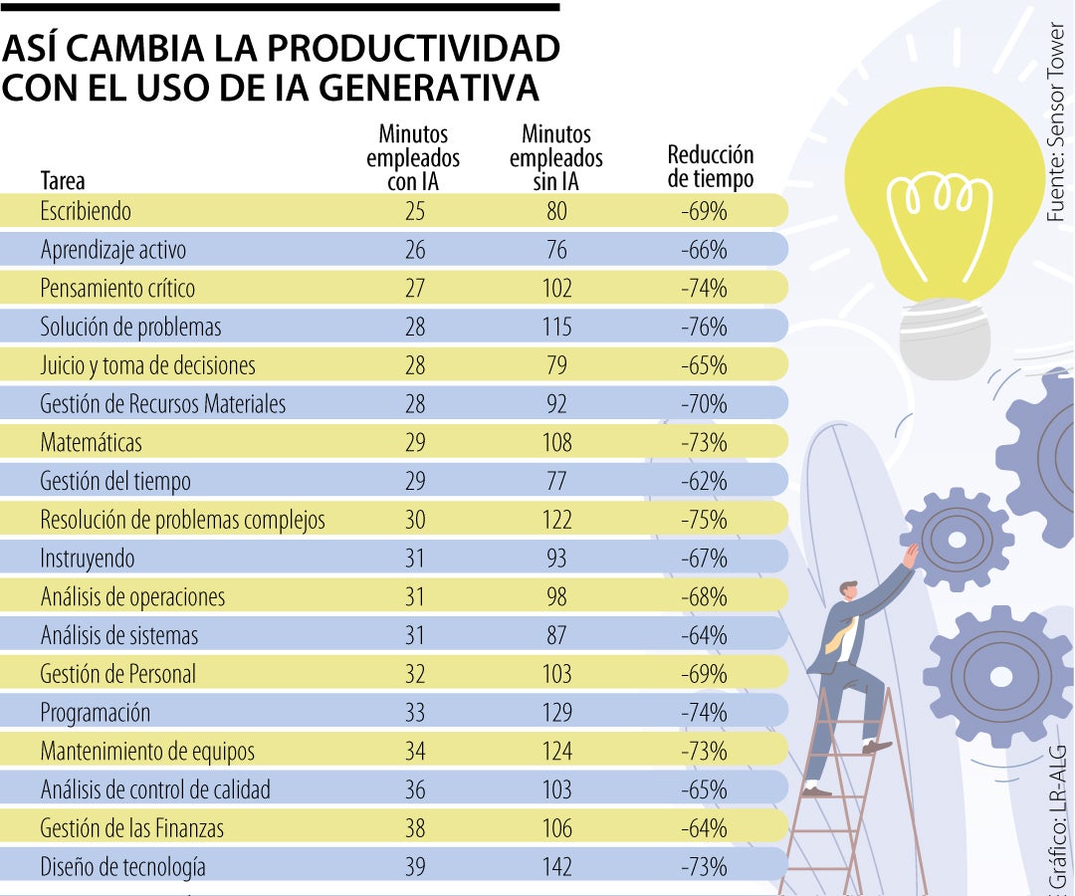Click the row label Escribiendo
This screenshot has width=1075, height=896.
[86, 211]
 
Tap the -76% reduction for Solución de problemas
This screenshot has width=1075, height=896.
[704, 327]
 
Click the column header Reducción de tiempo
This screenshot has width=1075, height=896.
[710, 166]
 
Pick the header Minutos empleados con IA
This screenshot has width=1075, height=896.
[413, 157]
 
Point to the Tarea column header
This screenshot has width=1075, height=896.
[63, 181]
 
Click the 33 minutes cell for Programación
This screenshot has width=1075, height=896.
[414, 713]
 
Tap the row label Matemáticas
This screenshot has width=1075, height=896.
[91, 442]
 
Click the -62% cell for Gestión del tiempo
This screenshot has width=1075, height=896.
[704, 481]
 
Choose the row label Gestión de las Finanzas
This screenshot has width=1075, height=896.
[131, 827]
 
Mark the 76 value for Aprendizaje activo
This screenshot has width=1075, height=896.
[556, 249]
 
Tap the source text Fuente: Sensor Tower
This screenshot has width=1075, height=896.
[1055, 124]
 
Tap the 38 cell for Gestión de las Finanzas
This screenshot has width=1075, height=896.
[414, 827]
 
